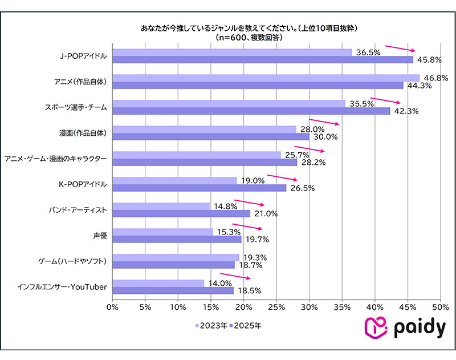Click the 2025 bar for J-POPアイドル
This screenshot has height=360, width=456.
point(262,59)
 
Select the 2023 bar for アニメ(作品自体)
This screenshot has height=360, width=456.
point(266,78)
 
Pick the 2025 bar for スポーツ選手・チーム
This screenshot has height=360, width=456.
point(251,111)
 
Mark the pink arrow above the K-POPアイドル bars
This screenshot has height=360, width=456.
point(282,178)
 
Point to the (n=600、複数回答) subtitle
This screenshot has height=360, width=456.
point(249,37)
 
